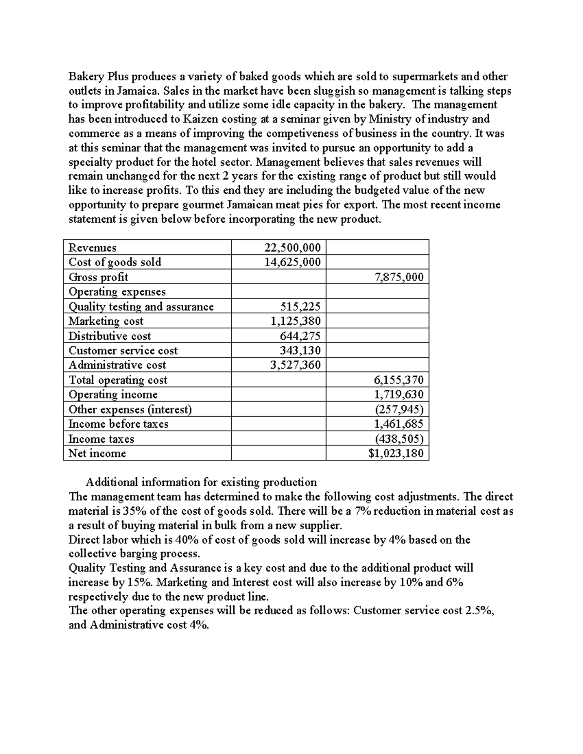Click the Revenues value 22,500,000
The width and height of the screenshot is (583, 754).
click(x=292, y=248)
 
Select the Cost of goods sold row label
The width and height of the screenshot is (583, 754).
click(x=115, y=262)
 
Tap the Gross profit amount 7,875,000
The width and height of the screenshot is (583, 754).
click(x=399, y=277)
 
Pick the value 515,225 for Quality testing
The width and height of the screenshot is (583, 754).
click(x=300, y=306)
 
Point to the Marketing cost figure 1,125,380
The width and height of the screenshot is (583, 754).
click(x=295, y=321)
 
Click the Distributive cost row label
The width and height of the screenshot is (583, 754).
click(x=109, y=336)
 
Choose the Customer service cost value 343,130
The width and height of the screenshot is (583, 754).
click(x=300, y=351)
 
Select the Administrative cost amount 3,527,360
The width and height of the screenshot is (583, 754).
click(x=295, y=365)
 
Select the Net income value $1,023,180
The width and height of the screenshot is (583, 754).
click(x=395, y=453)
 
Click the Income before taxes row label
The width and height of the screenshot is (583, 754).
click(x=118, y=424)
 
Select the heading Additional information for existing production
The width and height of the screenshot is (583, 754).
click(x=201, y=482)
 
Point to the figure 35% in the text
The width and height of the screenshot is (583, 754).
click(x=127, y=511)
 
